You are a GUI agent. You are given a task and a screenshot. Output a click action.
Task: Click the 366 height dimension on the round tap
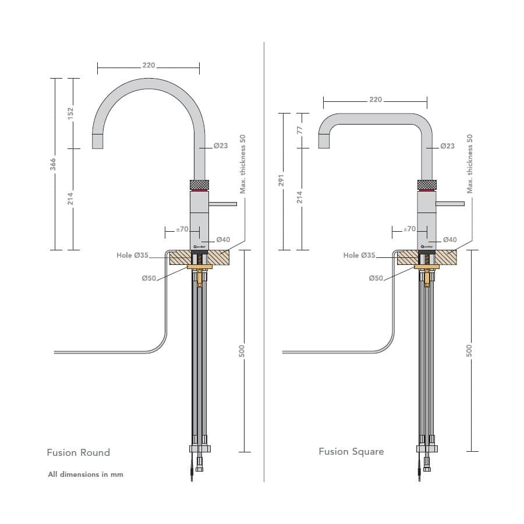pyautogui.click(x=54, y=165)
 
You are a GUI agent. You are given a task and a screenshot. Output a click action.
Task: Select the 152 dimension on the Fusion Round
pyautogui.click(x=71, y=113)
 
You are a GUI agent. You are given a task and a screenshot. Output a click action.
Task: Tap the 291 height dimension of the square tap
pyautogui.click(x=281, y=181)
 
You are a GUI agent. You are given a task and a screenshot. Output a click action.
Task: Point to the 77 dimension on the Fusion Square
pyautogui.click(x=300, y=130)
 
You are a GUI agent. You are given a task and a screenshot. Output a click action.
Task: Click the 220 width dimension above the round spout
pyautogui.click(x=148, y=65)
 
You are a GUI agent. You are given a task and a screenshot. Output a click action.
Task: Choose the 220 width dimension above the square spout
pyautogui.click(x=376, y=100)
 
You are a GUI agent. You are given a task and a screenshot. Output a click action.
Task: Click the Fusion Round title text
pyautogui.click(x=78, y=452)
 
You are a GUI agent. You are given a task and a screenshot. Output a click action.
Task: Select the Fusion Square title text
pyautogui.click(x=351, y=451)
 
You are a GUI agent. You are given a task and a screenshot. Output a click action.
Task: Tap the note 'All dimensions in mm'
pyautogui.click(x=86, y=475)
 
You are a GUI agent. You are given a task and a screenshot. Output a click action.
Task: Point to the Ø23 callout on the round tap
pyautogui.click(x=221, y=146)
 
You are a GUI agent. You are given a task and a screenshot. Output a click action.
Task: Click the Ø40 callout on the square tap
pyautogui.click(x=449, y=239)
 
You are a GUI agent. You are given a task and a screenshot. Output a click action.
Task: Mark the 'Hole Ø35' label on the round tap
pyautogui.click(x=132, y=255)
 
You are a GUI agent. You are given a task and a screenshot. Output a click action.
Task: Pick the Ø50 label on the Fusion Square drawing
pyautogui.click(x=376, y=278)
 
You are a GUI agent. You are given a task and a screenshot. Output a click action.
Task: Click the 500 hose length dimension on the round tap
pyautogui.click(x=242, y=351)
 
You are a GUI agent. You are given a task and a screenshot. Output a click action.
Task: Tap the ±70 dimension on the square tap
pyautogui.click(x=410, y=229)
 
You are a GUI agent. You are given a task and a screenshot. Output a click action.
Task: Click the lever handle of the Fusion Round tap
pyautogui.click(x=221, y=204)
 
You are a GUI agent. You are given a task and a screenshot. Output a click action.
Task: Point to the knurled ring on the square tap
pyautogui.click(x=426, y=185)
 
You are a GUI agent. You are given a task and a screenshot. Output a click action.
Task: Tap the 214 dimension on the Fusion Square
pyautogui.click(x=300, y=198)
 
